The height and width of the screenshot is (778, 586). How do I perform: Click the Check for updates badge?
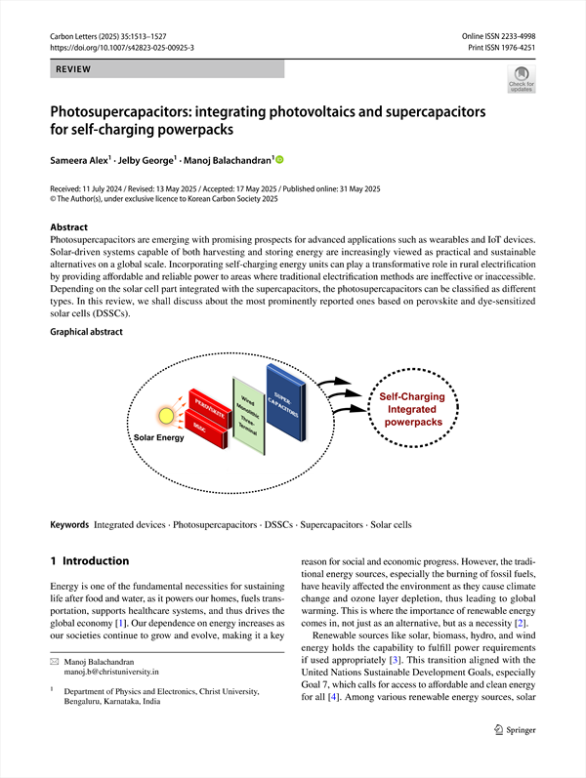521,79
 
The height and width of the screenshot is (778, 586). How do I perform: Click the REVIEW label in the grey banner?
74,69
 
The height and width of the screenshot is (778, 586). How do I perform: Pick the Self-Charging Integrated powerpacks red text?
411,409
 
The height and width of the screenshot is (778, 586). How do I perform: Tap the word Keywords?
69,525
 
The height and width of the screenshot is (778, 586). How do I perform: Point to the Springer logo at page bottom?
513,756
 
